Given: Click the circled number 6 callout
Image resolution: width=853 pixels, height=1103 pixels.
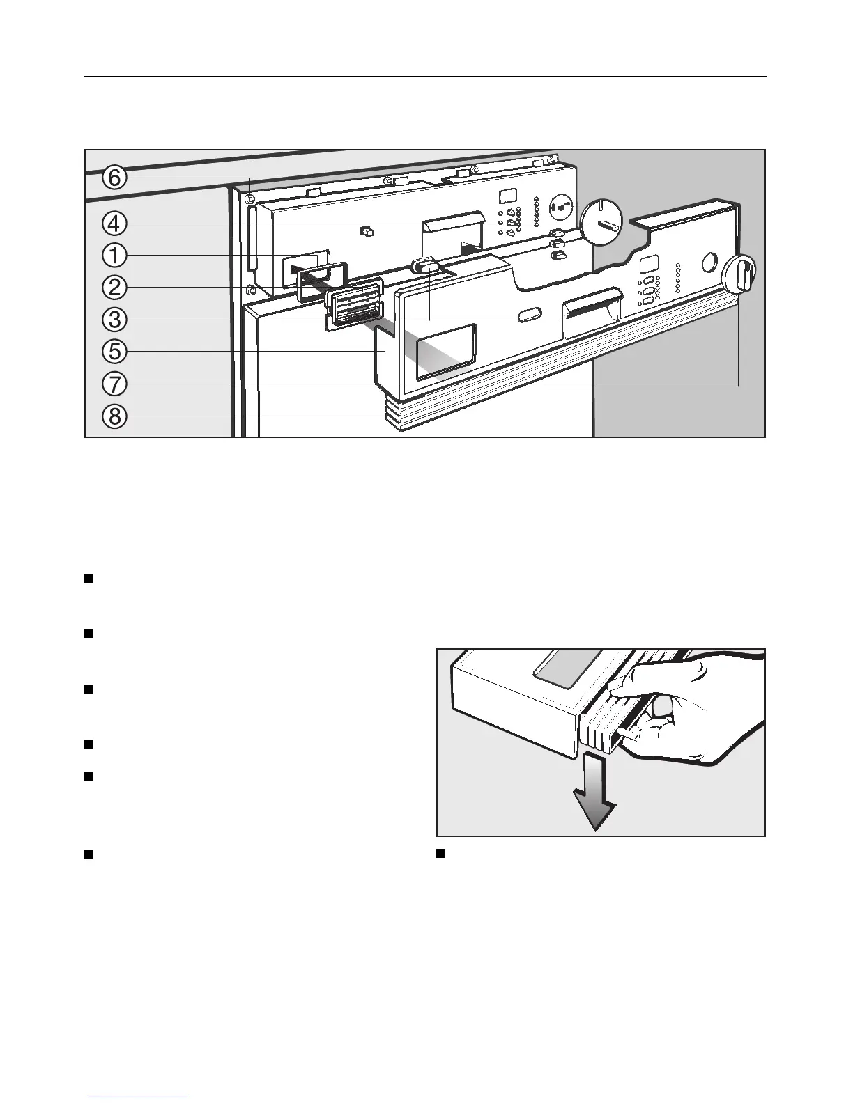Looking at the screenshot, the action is (x=115, y=178).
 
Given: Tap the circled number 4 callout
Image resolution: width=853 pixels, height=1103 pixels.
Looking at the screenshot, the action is (x=115, y=224).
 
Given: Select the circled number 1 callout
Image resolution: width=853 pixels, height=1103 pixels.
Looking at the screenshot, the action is (x=115, y=256).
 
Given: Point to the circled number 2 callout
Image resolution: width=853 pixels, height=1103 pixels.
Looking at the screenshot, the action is (x=115, y=287).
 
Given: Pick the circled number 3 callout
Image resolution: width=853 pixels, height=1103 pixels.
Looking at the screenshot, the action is (x=115, y=320).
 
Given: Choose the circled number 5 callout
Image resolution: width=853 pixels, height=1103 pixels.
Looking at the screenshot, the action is (x=115, y=352).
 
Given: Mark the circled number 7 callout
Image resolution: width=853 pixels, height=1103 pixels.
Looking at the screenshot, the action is (x=115, y=384).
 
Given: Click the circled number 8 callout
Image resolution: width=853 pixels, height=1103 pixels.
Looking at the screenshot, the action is (x=115, y=416).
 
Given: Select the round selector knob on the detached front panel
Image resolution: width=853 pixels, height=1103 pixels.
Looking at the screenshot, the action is (x=740, y=274).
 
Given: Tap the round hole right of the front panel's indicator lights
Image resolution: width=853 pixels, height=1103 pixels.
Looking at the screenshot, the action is (x=709, y=263).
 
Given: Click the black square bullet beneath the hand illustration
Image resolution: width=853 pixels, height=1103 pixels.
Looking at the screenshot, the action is (x=440, y=854).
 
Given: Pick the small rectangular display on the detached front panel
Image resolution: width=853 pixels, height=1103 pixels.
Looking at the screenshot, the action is (x=648, y=265).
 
